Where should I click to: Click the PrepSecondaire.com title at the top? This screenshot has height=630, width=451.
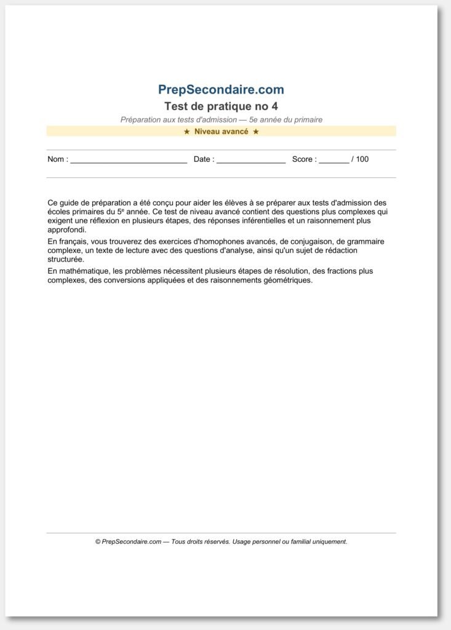coord(221,90)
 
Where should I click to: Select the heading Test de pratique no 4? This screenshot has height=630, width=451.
coord(221,106)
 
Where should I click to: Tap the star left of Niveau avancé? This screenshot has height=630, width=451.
coord(187,132)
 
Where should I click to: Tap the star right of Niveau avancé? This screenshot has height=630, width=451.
coord(256,132)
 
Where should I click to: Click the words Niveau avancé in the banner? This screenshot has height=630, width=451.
coord(222,132)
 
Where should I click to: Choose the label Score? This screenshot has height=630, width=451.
coord(303,159)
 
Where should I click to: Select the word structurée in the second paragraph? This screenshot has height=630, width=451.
coord(66,260)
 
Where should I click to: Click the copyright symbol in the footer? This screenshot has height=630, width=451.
coord(98,542)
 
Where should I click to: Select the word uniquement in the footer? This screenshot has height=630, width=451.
coord(329,542)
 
